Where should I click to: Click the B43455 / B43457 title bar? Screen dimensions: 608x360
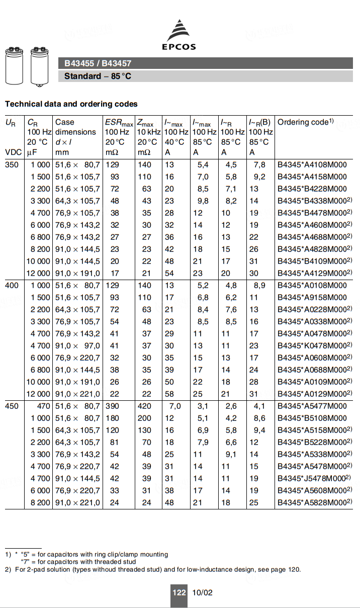tap(98, 63)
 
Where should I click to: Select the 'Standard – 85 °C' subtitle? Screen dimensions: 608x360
tap(98, 76)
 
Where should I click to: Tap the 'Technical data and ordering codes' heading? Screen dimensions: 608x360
tap(71, 104)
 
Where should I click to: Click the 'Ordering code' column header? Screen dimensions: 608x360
tap(305, 122)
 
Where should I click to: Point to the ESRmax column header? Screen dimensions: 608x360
tap(119, 123)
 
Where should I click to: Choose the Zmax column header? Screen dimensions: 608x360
tap(145, 123)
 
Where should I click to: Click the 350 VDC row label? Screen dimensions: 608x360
tap(12, 164)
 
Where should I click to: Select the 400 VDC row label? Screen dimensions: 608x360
tap(12, 285)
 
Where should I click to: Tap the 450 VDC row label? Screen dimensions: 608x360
tap(12, 406)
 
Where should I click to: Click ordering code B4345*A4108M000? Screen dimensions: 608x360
tap(312, 164)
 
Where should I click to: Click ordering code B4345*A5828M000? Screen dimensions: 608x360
tap(314, 502)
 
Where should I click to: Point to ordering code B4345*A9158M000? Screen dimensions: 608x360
tap(312, 297)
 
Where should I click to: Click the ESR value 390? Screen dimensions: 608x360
tap(112, 406)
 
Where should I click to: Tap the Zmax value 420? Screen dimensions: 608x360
tap(144, 406)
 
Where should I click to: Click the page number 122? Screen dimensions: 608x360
tap(179, 592)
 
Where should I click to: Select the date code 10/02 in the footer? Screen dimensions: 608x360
tap(202, 592)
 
